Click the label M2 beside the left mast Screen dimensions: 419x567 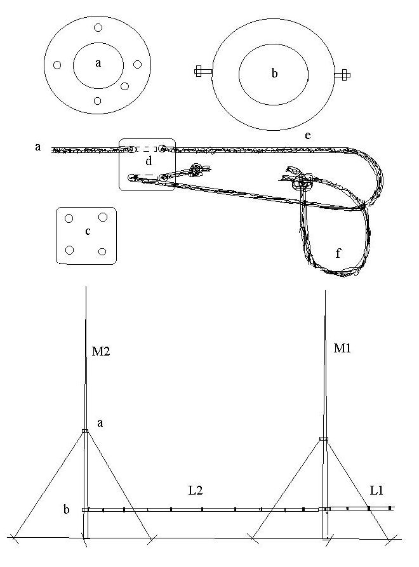coord(100,351)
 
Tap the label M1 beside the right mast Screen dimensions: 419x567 coord(342,348)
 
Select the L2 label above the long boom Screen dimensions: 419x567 coord(196,490)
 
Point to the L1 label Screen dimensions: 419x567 coord(376,490)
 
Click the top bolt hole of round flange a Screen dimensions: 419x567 coord(98,27)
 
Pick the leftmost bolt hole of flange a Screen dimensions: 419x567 coord(57,65)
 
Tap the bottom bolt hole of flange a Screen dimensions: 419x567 coord(97,101)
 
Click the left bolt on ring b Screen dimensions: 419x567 coord(203,71)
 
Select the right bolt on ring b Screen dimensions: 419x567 coord(342,75)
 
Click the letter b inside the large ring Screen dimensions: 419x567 coord(274,74)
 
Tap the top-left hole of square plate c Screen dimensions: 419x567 coord(69,218)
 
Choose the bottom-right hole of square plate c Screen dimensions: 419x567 coord(102,251)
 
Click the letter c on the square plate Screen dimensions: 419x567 coord(88,231)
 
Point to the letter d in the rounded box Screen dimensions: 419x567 coord(149,161)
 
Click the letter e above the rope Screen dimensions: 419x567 coord(308,136)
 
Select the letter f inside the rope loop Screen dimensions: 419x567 coord(338,253)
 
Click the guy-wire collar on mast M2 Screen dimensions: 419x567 coord(85,430)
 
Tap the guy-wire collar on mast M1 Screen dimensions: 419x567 coord(324,439)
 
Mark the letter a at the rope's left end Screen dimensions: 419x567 coord(38,147)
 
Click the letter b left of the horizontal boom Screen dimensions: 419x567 coord(67,509)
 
